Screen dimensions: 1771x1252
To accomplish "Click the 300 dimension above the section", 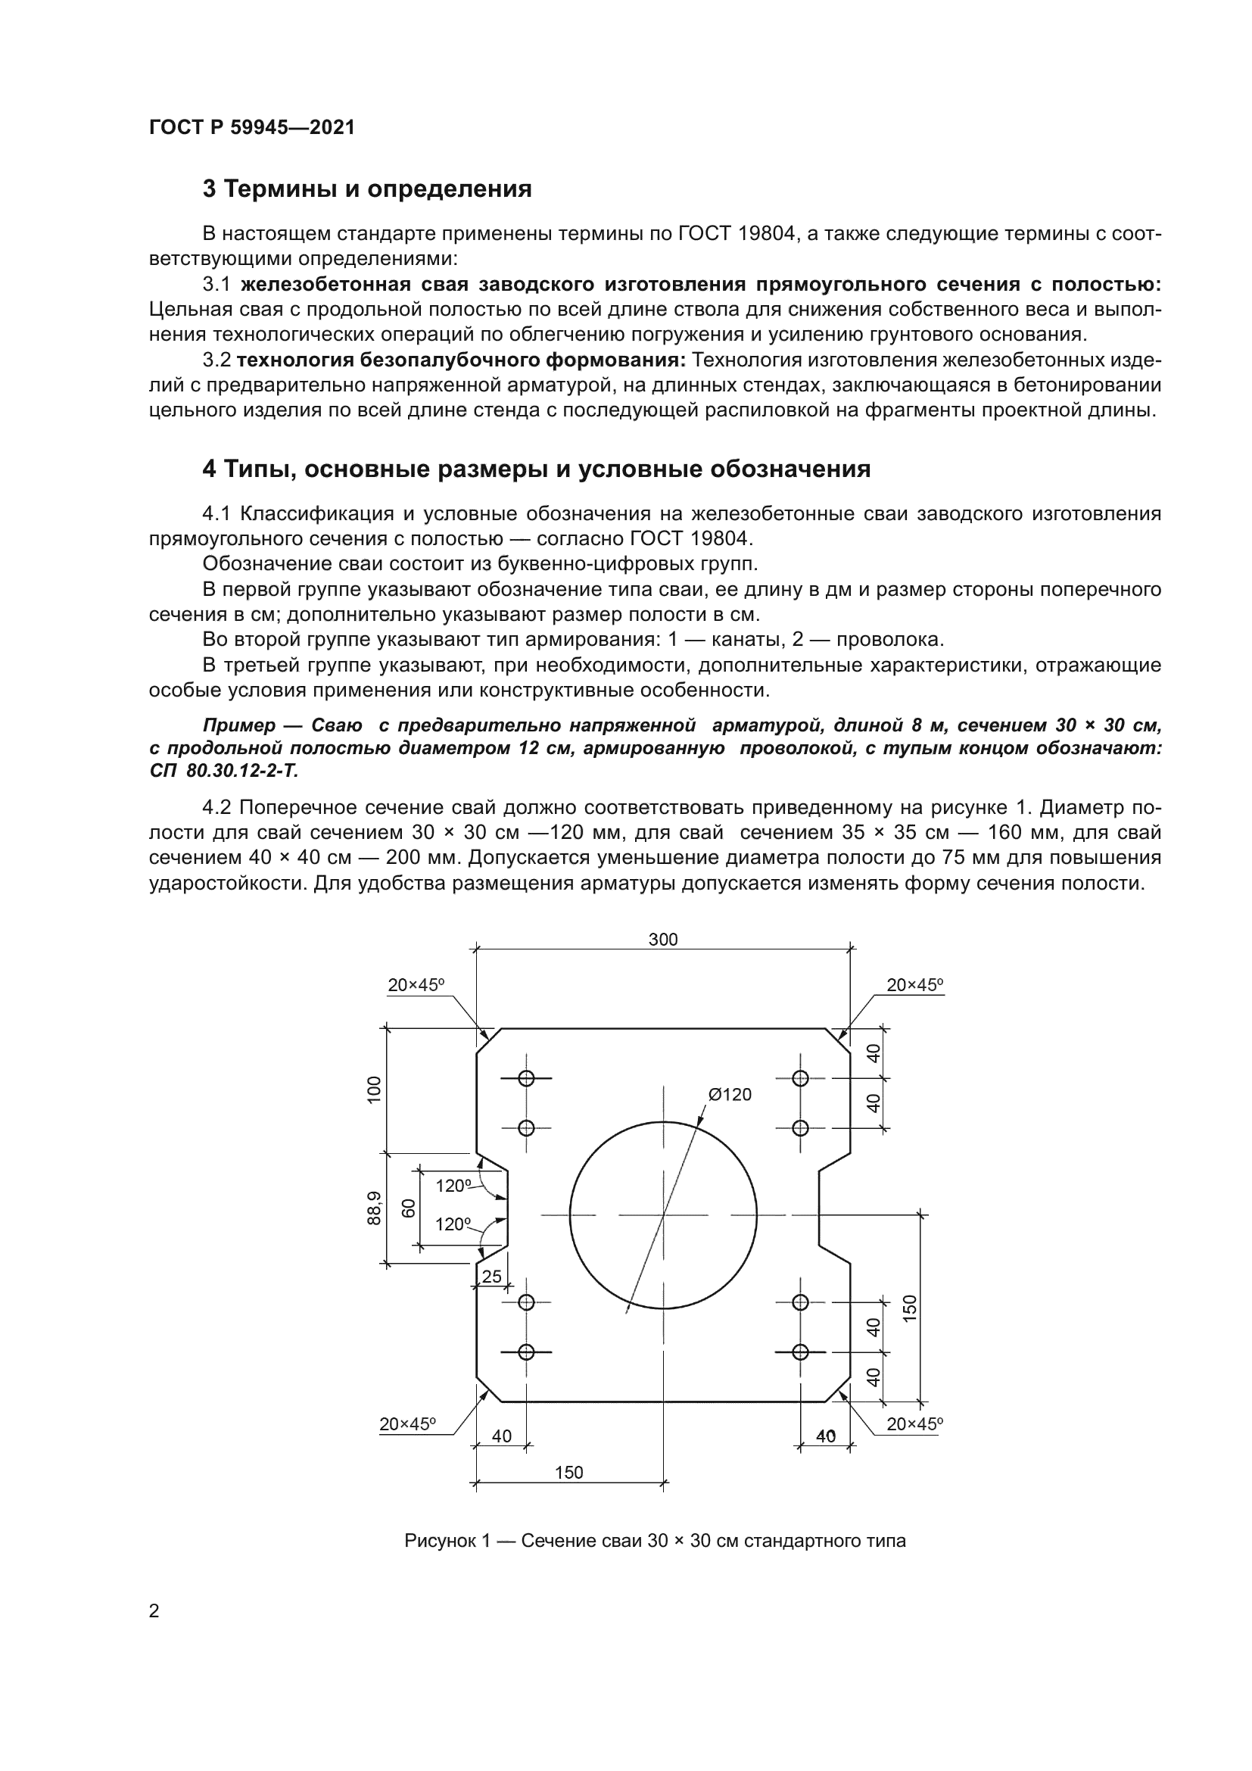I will (662, 940).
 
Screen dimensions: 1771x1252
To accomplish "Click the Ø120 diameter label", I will (729, 1095).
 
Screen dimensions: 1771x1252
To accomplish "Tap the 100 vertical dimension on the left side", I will (374, 1090).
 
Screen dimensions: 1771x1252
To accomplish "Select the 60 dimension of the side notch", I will (409, 1208).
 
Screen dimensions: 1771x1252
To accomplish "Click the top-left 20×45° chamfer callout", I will (416, 985).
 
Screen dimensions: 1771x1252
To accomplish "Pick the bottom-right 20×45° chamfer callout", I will (914, 1425).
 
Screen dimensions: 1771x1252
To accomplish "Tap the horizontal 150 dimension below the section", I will (569, 1473).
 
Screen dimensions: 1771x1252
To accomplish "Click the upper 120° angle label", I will (453, 1186).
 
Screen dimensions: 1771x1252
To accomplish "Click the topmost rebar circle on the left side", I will (527, 1078).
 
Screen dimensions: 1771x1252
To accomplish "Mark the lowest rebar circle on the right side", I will (800, 1352).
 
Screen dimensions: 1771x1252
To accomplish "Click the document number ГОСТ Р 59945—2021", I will (252, 128).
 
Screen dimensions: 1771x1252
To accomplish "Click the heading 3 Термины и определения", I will (367, 189).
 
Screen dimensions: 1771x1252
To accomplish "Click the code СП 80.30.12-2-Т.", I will (223, 771).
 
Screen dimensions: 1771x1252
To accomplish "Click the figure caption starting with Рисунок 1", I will (655, 1541).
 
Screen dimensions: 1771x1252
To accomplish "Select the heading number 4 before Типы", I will (209, 469).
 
